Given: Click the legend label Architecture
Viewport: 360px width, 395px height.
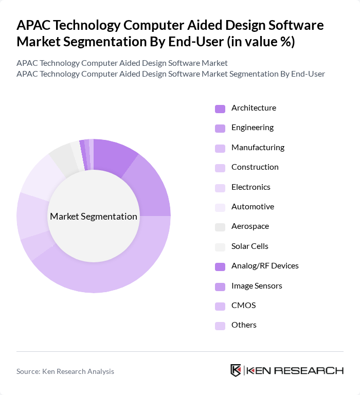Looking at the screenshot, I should coord(254,108).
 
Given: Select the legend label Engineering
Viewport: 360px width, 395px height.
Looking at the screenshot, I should coord(252,128).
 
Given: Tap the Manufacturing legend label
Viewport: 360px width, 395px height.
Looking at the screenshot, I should coord(258,148).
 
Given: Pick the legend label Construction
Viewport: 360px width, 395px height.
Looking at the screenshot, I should coord(255,167).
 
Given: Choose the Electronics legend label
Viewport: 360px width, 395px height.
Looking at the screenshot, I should coord(250,187).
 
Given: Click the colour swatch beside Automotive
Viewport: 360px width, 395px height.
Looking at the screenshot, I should coord(220,207).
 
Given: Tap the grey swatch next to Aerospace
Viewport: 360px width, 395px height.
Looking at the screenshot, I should coord(220,227).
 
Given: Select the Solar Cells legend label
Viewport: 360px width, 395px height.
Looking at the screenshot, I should coord(249,246).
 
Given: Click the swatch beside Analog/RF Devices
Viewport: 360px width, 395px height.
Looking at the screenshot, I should coord(220,266).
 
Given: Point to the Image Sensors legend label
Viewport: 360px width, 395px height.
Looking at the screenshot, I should coord(257,286).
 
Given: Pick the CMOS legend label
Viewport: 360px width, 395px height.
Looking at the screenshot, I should coord(243,306).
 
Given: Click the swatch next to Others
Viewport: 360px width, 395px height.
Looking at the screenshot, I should coord(220,326).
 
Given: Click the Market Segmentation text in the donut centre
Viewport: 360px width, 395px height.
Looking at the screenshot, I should coord(94,217).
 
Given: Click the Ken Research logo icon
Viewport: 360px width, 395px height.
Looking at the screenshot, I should coord(236,371).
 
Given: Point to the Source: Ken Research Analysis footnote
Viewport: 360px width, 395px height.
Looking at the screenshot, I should coord(65,371).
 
